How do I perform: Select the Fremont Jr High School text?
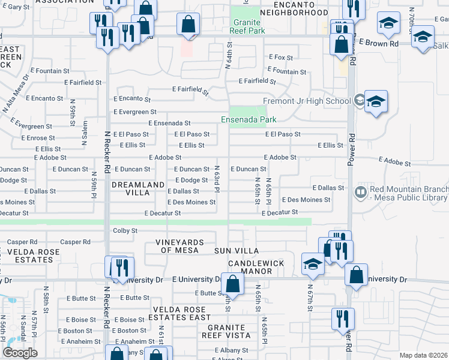(306, 101)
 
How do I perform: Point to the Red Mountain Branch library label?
(408, 193)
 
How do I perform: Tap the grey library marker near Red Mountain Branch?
(361, 193)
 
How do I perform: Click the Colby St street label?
(125, 230)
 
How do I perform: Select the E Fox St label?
(280, 58)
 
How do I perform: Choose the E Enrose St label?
(37, 138)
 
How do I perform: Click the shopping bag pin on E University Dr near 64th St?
(232, 283)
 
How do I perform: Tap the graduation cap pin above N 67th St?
(313, 263)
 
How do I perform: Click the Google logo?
(20, 353)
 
